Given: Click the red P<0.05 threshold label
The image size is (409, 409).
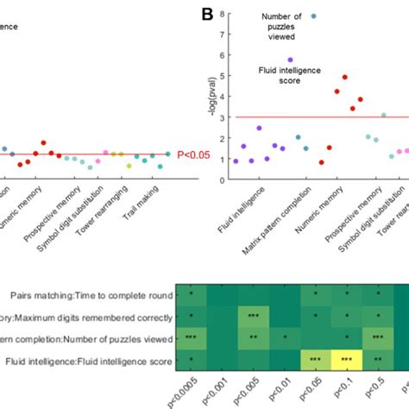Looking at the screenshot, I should (x=194, y=155).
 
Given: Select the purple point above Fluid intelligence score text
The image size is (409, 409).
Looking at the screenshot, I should (x=290, y=60).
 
